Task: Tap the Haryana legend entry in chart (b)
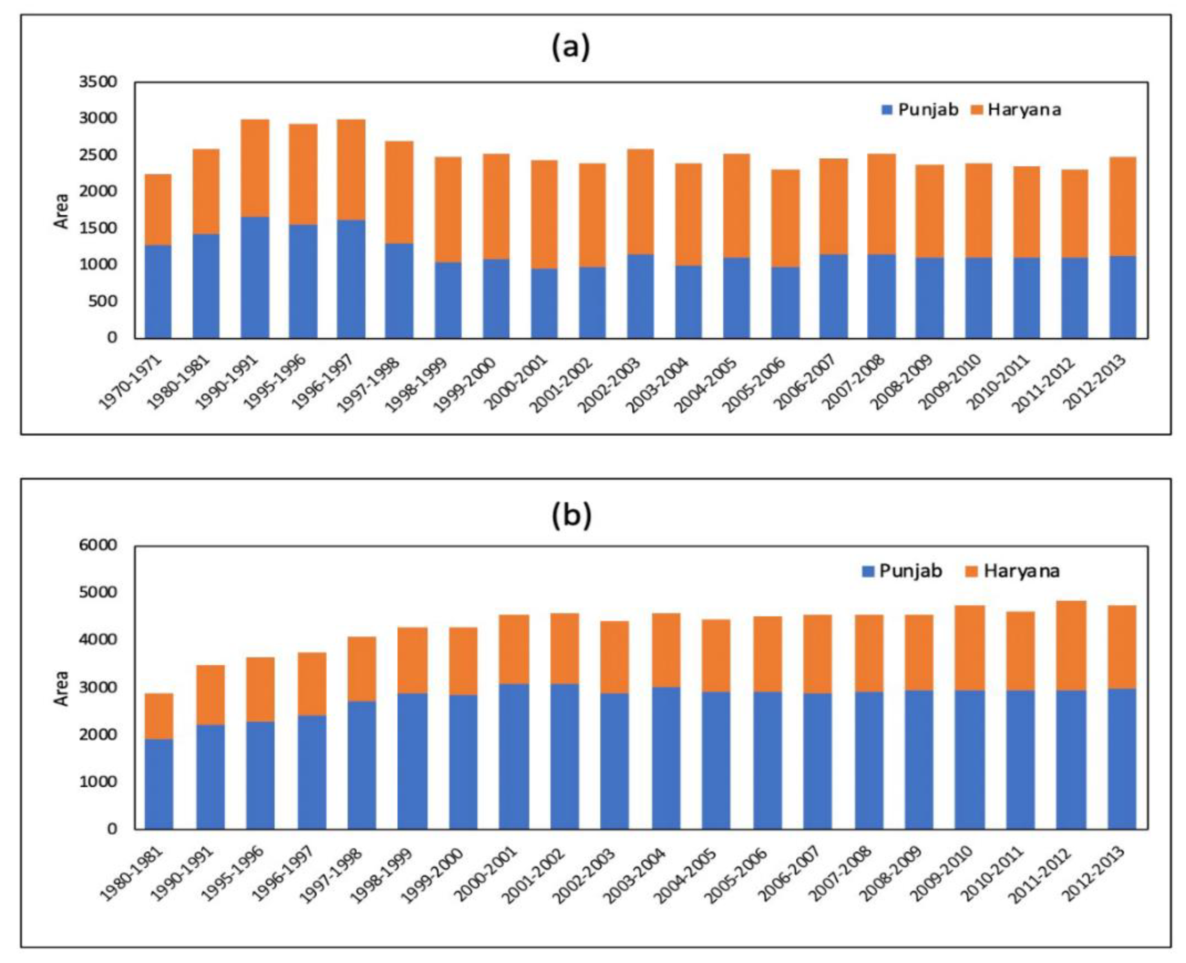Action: point(1013,572)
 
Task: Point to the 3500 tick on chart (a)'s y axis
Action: point(99,82)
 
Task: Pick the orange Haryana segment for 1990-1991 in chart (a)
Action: point(255,168)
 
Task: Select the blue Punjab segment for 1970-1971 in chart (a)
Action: point(158,291)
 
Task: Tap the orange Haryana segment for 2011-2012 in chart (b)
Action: point(1071,646)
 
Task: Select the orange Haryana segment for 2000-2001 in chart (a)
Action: point(544,215)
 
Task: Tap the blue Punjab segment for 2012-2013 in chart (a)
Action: point(1123,297)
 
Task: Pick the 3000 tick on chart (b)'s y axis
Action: point(99,687)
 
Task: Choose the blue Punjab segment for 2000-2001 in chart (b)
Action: point(513,756)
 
